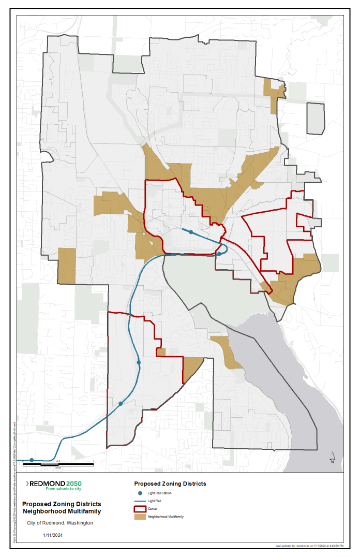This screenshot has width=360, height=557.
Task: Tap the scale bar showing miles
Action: (x=76, y=462)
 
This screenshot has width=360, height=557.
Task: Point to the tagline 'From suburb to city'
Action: (x=64, y=489)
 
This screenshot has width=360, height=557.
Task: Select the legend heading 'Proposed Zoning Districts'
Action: (x=170, y=483)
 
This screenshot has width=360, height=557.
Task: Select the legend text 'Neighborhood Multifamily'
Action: (x=166, y=517)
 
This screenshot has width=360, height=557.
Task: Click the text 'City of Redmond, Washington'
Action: (x=60, y=523)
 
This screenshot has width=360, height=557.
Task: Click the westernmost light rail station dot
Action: (x=32, y=460)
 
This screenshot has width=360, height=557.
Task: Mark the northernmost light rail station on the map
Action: (x=191, y=232)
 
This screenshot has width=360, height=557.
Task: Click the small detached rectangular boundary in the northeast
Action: (x=316, y=118)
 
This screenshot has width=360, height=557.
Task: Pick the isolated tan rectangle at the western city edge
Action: (x=66, y=265)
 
